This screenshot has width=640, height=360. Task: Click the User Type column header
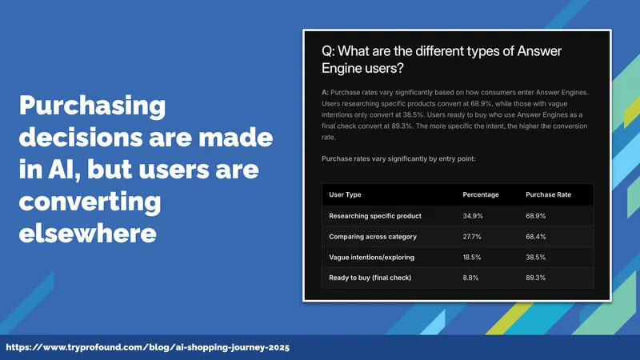[345, 194]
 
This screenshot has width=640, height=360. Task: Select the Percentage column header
[481, 194]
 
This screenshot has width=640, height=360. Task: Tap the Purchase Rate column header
[548, 194]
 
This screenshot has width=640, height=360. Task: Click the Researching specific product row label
[375, 216]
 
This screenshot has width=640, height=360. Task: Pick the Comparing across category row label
[373, 237]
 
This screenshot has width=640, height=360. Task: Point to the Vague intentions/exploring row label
[371, 257]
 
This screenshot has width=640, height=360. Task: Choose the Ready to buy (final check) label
[370, 278]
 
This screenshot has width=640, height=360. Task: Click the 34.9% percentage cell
[473, 216]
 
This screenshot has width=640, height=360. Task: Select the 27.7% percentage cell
[472, 237]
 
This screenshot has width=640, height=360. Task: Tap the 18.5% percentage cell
[472, 257]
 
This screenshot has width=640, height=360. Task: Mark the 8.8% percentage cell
[470, 278]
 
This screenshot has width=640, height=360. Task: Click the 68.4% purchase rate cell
[535, 237]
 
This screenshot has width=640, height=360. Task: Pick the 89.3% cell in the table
[535, 278]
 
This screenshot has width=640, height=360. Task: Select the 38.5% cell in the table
[535, 257]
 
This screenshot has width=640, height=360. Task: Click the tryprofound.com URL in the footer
[148, 347]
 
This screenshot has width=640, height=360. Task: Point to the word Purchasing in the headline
[92, 106]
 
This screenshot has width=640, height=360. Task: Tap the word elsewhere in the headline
[87, 233]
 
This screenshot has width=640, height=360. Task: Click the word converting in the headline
[90, 202]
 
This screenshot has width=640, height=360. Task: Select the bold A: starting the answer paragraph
[325, 93]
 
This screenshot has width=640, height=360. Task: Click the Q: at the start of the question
[328, 51]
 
